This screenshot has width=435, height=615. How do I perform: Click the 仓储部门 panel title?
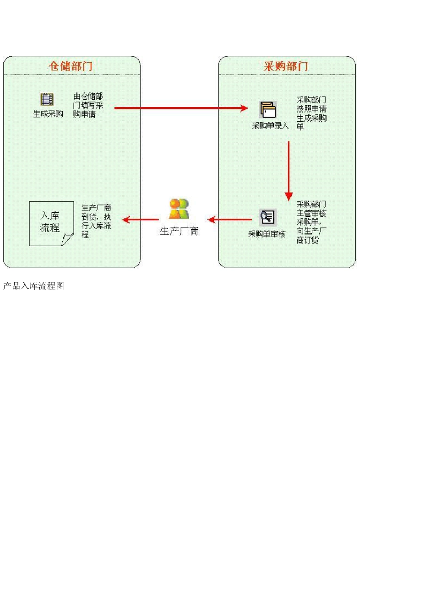click(x=71, y=66)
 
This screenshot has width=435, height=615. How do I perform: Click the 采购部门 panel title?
click(x=286, y=66)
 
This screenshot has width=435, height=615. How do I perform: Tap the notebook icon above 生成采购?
click(x=47, y=99)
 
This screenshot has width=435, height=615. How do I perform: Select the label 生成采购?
click(x=48, y=114)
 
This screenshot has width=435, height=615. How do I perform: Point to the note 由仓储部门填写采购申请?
click(x=88, y=105)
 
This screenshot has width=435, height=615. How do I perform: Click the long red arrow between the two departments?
click(x=181, y=108)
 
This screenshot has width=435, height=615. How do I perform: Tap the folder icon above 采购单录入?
click(x=268, y=110)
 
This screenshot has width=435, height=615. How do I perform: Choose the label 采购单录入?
click(x=270, y=126)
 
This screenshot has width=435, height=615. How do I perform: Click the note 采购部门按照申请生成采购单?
click(x=311, y=113)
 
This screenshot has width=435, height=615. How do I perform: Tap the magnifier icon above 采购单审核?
click(x=267, y=217)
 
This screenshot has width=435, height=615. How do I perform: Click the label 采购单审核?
click(x=266, y=234)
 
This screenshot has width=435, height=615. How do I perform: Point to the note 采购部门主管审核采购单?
click(x=311, y=222)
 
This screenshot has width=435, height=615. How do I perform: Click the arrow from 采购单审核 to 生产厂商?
click(x=230, y=220)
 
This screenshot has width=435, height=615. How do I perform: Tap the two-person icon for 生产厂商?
click(x=179, y=209)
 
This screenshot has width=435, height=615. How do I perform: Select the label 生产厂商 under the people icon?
click(x=179, y=232)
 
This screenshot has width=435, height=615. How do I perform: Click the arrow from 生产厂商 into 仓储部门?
click(x=141, y=220)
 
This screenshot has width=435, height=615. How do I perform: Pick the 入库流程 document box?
click(x=51, y=223)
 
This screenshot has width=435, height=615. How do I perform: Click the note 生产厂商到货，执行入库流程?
click(x=96, y=221)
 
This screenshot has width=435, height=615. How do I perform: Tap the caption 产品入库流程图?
click(x=33, y=286)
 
